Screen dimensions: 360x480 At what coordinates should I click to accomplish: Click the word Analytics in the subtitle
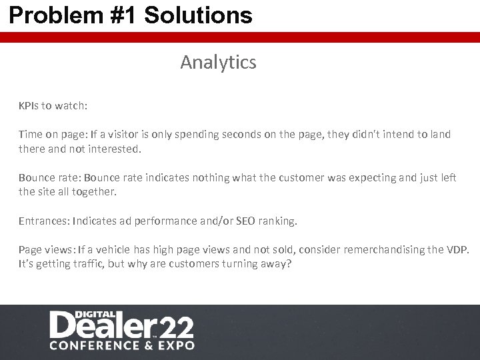[x=218, y=63]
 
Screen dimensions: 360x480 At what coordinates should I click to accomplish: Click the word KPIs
[x=29, y=105]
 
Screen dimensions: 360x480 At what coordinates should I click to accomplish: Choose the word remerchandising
[x=371, y=250]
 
